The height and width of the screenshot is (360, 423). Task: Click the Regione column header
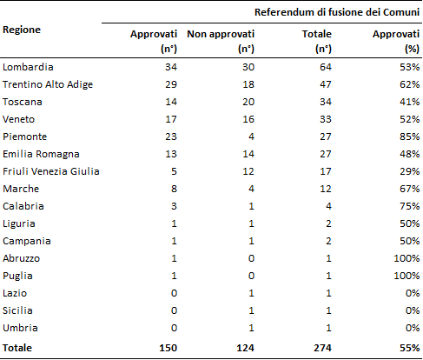pos(22,30)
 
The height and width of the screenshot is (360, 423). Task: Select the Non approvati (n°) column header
pos(221,41)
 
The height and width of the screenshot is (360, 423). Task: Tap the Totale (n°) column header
pos(317,41)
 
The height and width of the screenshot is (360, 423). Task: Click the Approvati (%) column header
pos(396,41)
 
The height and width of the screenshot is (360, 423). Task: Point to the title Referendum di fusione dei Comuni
pos(337,12)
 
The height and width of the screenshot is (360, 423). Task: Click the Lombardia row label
pos(28,67)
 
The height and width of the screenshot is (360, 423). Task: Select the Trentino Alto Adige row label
pos(48,84)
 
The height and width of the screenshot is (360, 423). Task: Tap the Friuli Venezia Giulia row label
pos(51,171)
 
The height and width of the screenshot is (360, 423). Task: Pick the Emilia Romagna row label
pos(41,154)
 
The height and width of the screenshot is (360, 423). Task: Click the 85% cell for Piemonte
pos(409,137)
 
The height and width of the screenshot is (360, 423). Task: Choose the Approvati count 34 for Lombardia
pos(171,67)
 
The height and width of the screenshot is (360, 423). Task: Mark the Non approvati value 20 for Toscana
pos(248,102)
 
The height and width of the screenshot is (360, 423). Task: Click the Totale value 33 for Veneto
pos(326,119)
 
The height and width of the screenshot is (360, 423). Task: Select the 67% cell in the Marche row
pos(409,189)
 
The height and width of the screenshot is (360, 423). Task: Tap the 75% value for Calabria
pos(409,206)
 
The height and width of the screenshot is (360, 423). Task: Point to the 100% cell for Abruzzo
pos(406,258)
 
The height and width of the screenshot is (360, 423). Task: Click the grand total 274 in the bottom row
pos(322,348)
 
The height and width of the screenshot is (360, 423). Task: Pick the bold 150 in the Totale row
pos(168,348)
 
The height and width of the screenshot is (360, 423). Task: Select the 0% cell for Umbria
pos(413,328)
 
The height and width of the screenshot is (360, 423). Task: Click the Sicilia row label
pos(17,310)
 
